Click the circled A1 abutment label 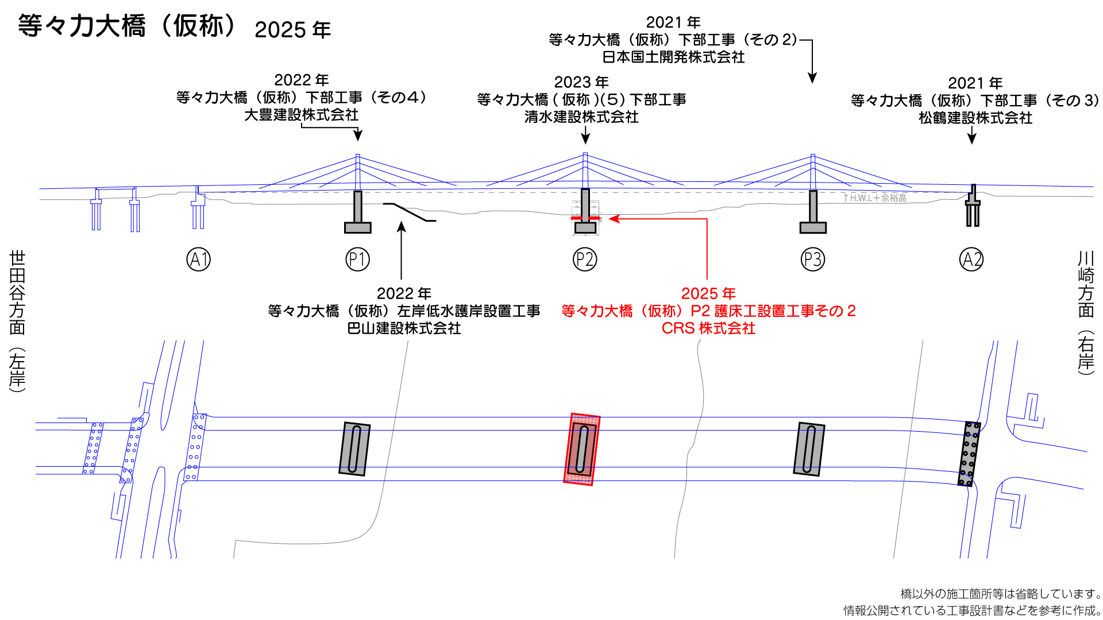coord(199,259)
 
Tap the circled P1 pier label coord(357,259)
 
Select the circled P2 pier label coord(585,259)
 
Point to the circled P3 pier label coord(813,259)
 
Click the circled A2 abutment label coord(971,259)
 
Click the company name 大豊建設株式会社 coord(301,115)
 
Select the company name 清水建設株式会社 coord(581,117)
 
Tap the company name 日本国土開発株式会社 coord(673,57)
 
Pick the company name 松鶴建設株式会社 coord(975,118)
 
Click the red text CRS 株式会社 coord(708,328)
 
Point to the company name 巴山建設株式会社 coord(404,328)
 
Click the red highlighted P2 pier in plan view coord(582,449)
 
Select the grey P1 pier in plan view coord(354,449)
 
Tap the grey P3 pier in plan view coord(809,449)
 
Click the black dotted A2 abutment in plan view coord(969,454)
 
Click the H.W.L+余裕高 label coord(875,198)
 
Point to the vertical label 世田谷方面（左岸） coord(17,321)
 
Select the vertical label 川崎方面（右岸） coord(1085,313)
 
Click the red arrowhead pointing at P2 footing coord(614,219)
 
